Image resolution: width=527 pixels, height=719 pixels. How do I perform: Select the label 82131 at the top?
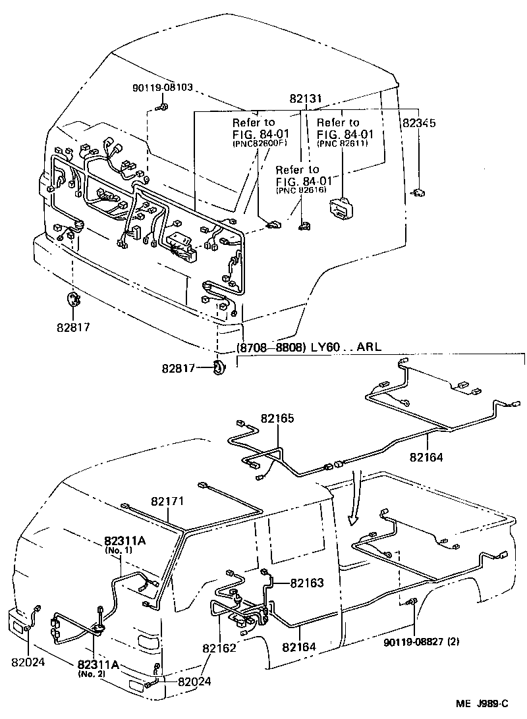(305, 99)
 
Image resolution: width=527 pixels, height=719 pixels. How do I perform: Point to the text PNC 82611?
(342, 143)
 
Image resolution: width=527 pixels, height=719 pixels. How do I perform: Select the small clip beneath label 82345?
(419, 192)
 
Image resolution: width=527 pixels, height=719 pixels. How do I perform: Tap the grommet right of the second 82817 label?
(219, 368)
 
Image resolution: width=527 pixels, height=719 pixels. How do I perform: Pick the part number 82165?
(277, 418)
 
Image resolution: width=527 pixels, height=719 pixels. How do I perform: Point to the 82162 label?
(219, 649)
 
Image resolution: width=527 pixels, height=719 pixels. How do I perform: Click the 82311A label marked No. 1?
(124, 541)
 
